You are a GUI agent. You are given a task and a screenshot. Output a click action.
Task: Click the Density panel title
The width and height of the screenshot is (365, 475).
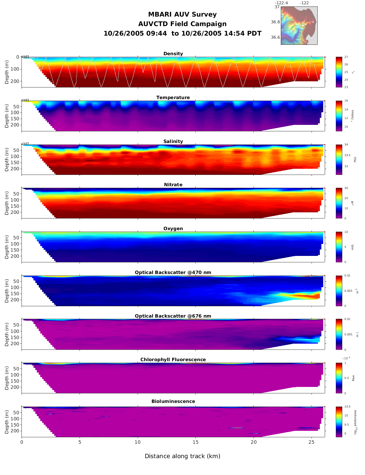point(173,54)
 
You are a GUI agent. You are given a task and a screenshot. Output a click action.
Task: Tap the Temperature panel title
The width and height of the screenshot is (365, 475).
point(173,98)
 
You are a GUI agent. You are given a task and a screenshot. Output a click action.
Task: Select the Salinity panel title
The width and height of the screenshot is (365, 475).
point(173,141)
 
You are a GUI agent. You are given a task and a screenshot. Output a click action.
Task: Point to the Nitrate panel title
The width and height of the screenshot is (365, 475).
point(173,185)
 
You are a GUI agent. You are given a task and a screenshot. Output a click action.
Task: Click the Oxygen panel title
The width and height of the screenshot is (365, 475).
point(173,229)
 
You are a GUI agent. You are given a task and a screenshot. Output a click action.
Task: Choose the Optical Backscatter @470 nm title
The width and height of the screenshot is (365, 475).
point(173,272)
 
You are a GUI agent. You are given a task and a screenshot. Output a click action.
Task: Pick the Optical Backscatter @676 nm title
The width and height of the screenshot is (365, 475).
point(173,316)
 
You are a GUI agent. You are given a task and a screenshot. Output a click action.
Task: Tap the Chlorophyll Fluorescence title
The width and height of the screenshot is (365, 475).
point(173,360)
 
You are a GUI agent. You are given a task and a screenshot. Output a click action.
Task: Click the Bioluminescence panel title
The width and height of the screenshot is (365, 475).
point(173,401)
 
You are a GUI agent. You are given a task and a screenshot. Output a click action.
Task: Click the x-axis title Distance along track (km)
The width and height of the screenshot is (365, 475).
point(182,456)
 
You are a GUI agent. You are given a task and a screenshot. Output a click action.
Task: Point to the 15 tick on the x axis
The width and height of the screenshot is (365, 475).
point(195,442)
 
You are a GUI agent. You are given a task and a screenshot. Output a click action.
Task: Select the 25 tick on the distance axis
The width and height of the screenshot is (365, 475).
point(312,442)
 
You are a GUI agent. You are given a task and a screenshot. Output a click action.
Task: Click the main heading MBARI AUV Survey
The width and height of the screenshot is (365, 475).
point(182,14)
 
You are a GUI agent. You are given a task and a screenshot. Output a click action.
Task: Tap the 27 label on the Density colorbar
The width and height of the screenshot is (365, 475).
point(346,57)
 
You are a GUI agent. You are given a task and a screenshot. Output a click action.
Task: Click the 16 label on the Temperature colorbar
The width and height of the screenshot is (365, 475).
point(346,101)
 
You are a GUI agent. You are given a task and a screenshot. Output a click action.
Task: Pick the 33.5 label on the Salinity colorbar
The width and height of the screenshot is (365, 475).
point(347,155)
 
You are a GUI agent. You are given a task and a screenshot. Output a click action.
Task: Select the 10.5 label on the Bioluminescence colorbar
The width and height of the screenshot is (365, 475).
point(347,407)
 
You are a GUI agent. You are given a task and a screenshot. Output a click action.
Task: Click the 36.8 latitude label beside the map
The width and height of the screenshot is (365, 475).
point(275,22)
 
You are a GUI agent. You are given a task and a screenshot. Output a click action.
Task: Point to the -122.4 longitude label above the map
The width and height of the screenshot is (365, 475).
point(281,3)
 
